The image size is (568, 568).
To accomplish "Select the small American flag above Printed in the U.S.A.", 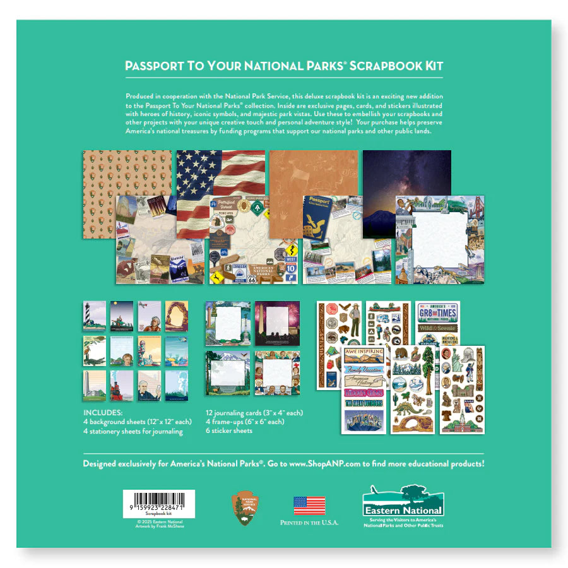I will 309,505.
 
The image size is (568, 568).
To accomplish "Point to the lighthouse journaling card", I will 95,316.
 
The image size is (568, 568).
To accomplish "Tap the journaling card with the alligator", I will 95,350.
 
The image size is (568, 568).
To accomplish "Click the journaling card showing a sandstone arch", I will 177,316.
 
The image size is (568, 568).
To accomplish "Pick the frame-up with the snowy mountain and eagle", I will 227,372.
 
